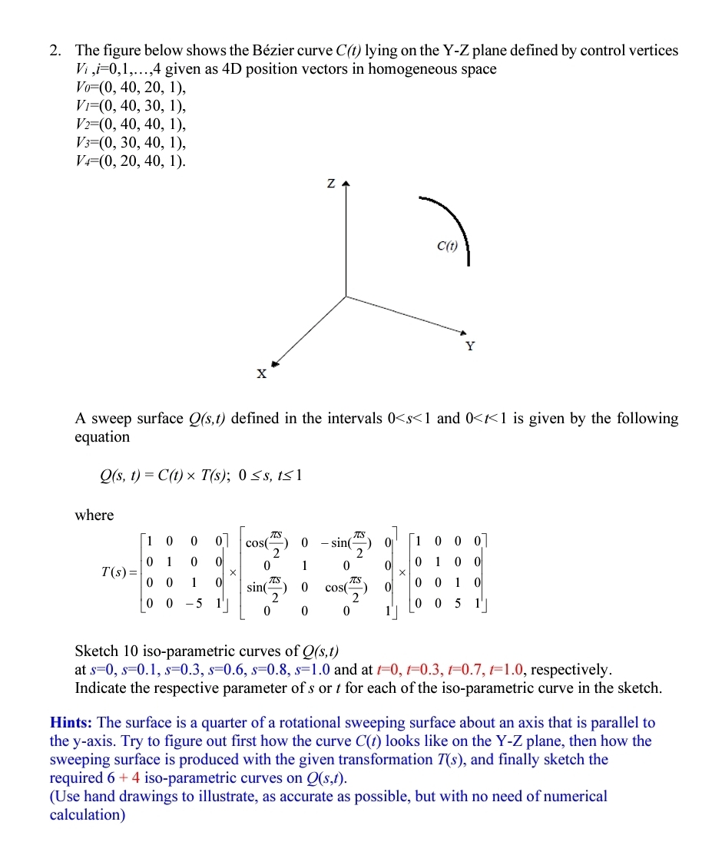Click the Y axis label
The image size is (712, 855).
[x=470, y=346]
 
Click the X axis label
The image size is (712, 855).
[x=261, y=374]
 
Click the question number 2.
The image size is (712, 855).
[x=55, y=51]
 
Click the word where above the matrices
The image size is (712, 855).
[x=94, y=515]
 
